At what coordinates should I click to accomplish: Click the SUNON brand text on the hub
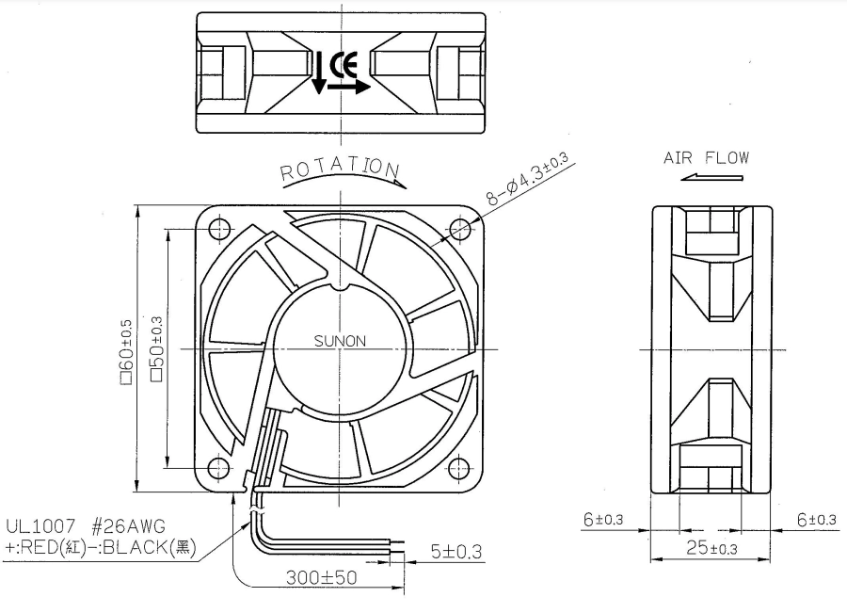(x=340, y=341)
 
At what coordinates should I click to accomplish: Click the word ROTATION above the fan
(x=341, y=169)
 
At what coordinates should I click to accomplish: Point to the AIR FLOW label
(x=706, y=158)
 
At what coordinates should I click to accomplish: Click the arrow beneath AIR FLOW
(x=711, y=177)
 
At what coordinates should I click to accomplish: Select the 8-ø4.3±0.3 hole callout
(x=528, y=179)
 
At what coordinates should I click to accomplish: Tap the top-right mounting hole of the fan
(x=459, y=229)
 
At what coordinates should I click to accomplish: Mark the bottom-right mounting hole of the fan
(x=459, y=468)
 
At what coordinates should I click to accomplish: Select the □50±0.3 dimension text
(x=156, y=349)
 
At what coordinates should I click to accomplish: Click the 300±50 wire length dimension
(x=322, y=577)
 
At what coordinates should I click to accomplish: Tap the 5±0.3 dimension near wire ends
(x=456, y=552)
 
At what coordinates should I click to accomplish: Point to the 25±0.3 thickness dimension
(x=711, y=548)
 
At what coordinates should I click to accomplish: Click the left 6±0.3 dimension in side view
(x=603, y=520)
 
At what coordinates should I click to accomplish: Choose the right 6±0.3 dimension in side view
(x=817, y=520)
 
